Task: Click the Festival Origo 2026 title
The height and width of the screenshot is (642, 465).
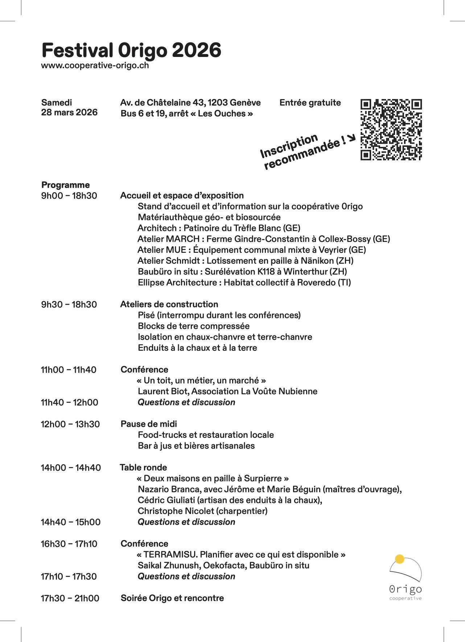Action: click(131, 50)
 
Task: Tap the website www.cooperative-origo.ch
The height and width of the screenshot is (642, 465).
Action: click(95, 66)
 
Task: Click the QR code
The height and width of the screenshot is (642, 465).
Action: click(391, 129)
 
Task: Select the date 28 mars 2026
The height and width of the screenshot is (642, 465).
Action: click(69, 112)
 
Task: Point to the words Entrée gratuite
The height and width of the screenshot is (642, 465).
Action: click(310, 103)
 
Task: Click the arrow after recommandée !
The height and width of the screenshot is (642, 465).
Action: click(351, 138)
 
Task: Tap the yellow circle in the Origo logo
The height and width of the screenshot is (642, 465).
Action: click(399, 559)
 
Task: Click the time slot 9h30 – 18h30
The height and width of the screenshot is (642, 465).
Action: click(69, 304)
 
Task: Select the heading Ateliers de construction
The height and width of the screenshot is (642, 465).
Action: click(169, 304)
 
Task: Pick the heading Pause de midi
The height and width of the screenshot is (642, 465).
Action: click(149, 424)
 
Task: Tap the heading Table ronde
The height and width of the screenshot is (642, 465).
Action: click(143, 468)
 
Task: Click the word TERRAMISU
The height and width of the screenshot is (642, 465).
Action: click(170, 555)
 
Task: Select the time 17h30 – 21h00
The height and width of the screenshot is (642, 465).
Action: click(70, 598)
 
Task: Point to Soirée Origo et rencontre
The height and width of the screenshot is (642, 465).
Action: click(172, 598)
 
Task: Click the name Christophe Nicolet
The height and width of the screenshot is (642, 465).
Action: click(168, 511)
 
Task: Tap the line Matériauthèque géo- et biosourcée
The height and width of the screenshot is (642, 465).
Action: click(209, 217)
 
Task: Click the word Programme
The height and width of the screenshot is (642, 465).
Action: click(65, 185)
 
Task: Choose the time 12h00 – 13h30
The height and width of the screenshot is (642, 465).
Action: click(70, 424)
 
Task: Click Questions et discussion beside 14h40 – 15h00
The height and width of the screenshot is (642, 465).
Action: click(186, 522)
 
